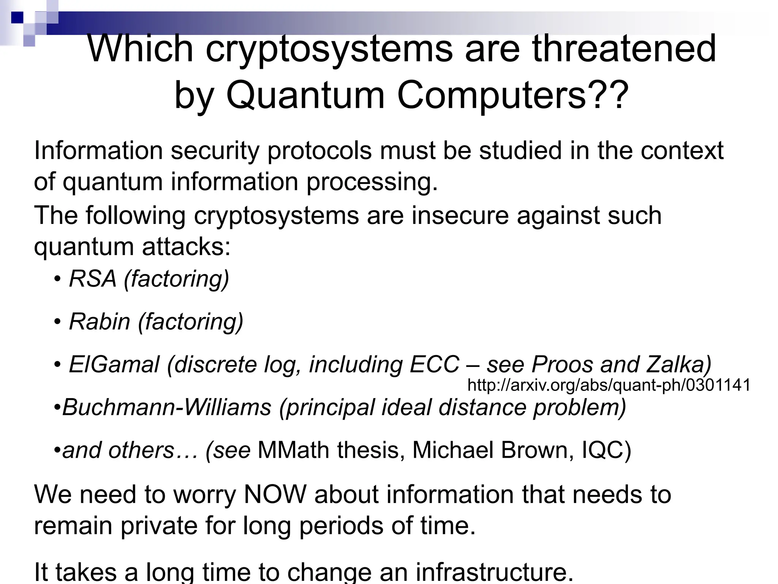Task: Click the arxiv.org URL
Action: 609,385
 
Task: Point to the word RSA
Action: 93,279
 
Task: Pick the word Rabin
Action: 100,322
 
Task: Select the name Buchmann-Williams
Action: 167,407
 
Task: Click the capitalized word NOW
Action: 275,495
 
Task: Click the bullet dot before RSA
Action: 57,279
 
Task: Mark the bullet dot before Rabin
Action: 57,322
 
